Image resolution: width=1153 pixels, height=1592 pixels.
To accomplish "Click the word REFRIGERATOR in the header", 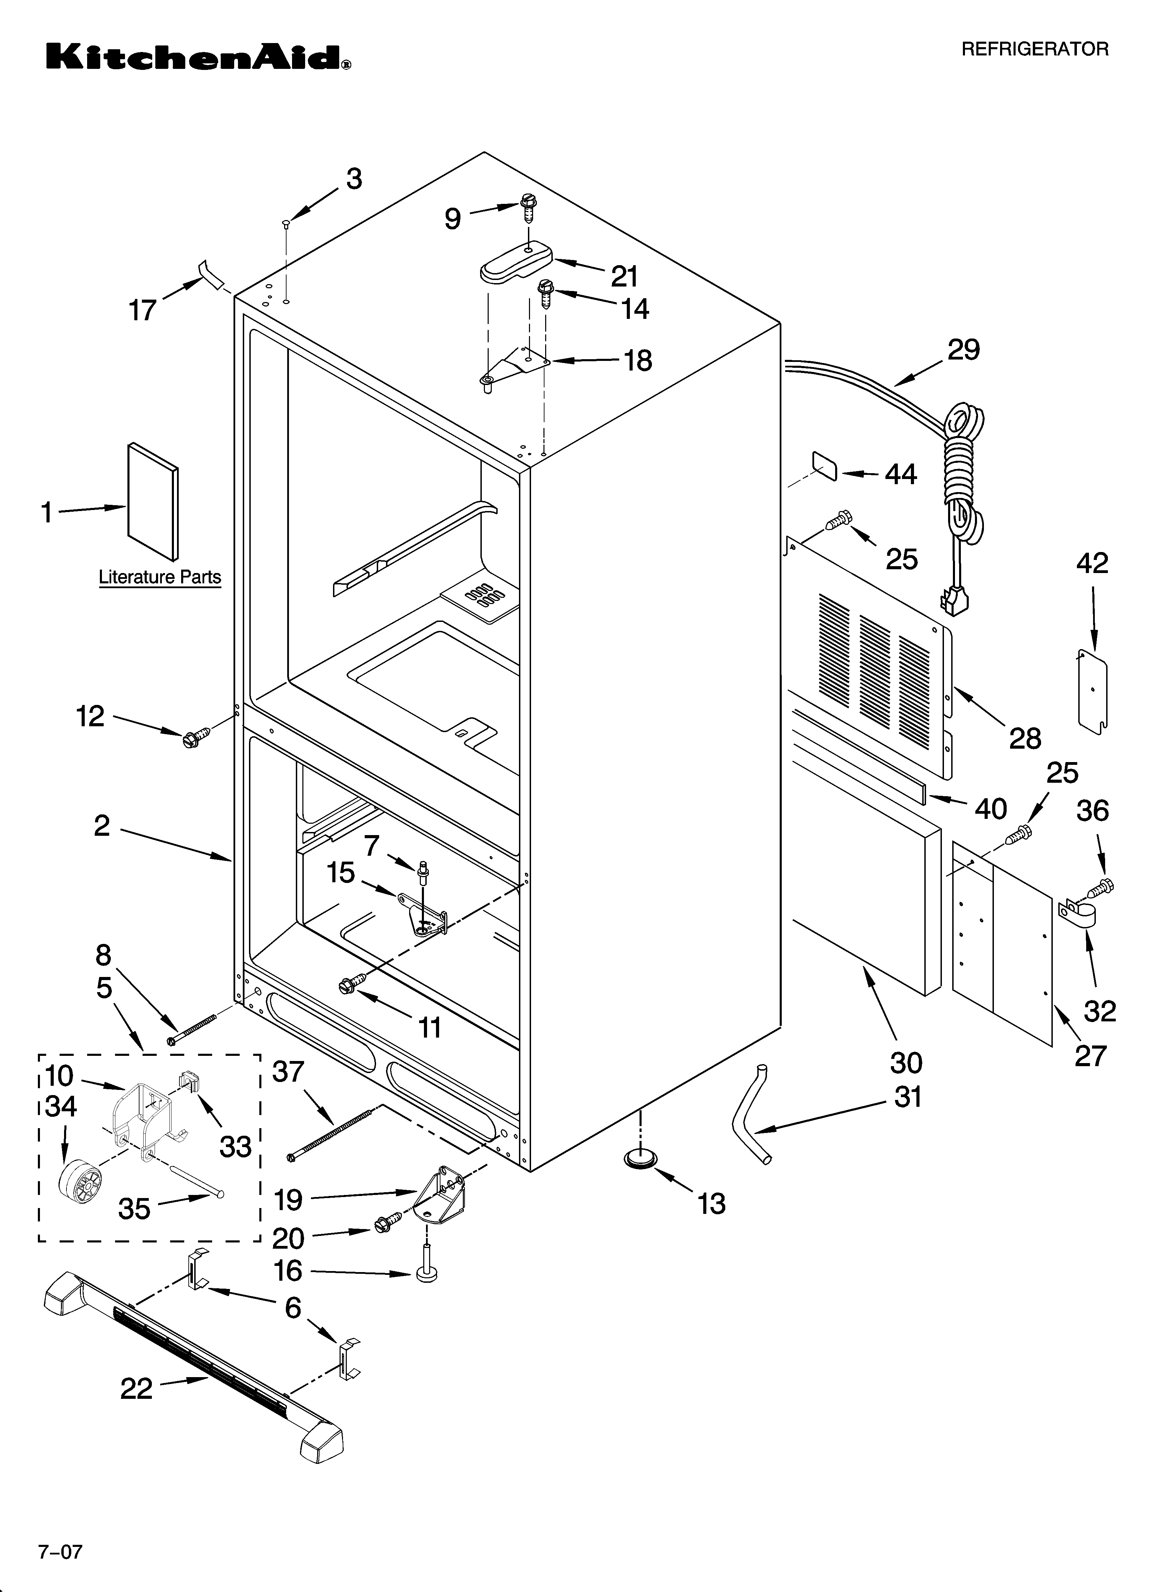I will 1034,49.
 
